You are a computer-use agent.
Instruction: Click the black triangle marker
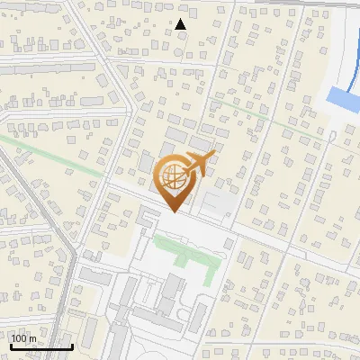(181, 24)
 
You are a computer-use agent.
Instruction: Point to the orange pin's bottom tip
(173, 212)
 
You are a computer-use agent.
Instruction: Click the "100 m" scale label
(24, 338)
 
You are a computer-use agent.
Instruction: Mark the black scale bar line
(40, 346)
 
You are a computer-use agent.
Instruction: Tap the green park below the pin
(184, 247)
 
